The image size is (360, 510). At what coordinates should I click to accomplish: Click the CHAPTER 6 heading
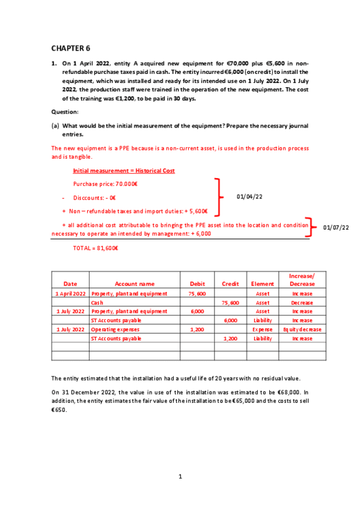point(70,48)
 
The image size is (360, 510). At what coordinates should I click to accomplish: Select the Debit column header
point(197,283)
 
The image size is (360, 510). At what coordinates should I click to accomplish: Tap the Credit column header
point(230,283)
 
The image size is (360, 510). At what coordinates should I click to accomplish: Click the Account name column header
point(135,283)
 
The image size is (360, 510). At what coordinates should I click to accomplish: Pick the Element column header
point(262,283)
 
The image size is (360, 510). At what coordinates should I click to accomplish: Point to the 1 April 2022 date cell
point(70,293)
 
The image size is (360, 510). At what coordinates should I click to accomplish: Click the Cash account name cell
point(97,303)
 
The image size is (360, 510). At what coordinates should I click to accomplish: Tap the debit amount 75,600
point(197,293)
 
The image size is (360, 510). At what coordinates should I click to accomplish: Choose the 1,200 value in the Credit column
point(230,339)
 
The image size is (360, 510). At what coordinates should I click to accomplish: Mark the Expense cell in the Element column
point(262,330)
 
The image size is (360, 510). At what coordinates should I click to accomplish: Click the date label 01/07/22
point(336,227)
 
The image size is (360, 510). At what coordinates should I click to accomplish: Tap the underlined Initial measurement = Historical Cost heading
point(124,171)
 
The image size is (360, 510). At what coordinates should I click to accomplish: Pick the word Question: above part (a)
point(65,112)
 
